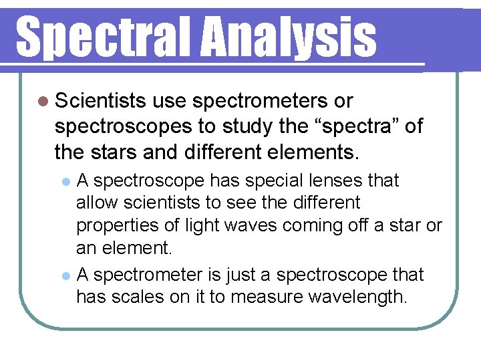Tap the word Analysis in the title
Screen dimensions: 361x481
[289, 37]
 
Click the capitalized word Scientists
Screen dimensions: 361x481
[101, 101]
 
